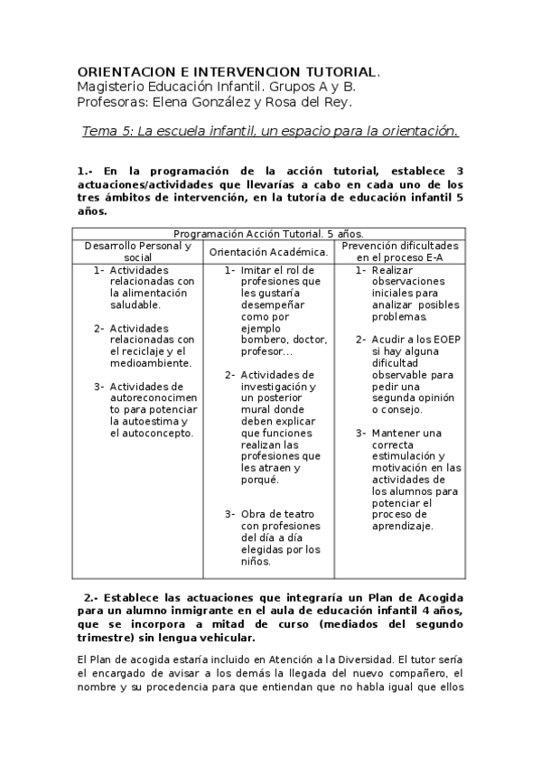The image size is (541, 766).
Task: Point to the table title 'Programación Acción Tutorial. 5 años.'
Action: (x=268, y=233)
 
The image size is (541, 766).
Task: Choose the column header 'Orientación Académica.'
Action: (x=268, y=252)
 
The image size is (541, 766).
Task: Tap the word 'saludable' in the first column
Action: (x=135, y=304)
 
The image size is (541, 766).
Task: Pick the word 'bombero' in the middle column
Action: (x=262, y=340)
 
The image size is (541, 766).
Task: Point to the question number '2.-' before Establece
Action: (x=90, y=597)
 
